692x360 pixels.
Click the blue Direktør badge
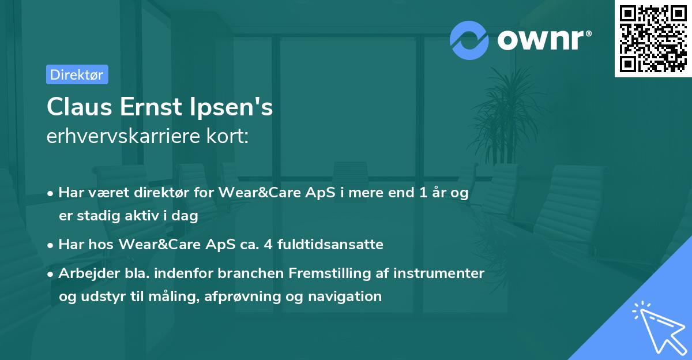77,74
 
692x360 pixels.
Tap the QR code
653,39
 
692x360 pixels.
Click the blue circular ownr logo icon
469,40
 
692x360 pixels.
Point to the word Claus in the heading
80,107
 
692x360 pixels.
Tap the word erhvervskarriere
123,136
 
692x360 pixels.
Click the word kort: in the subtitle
228,136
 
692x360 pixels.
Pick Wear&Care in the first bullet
260,193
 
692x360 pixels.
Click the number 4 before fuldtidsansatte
268,245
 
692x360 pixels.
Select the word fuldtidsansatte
330,245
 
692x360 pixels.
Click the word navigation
345,297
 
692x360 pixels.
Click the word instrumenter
439,273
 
